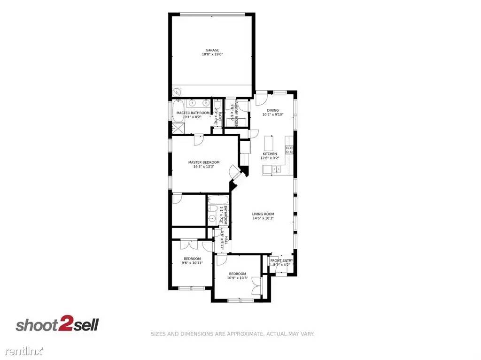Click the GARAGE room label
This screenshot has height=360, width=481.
[212, 50]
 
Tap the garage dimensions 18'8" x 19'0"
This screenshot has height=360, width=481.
[212, 54]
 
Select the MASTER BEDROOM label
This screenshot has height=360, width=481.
[204, 162]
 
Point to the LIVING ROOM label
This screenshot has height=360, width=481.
[263, 214]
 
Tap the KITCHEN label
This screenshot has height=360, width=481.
[270, 154]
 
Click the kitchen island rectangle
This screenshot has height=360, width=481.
[269, 142]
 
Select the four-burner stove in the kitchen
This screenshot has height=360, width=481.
[290, 150]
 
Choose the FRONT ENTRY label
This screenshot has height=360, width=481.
[281, 260]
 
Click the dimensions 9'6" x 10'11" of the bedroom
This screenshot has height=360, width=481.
[192, 263]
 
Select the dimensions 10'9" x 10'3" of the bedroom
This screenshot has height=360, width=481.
[237, 278]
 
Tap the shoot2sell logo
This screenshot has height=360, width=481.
[57, 325]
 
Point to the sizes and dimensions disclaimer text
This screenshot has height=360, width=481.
[232, 334]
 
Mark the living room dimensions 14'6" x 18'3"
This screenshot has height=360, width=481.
[263, 218]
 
